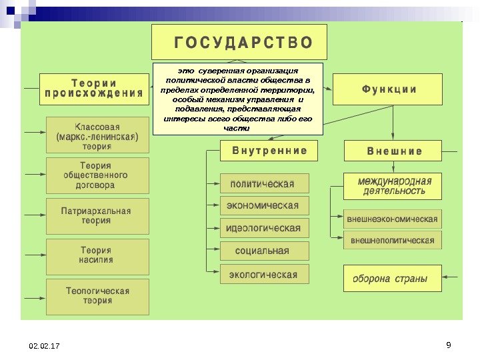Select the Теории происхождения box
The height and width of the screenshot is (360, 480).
click(x=93, y=89)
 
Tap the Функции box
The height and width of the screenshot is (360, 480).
click(x=387, y=89)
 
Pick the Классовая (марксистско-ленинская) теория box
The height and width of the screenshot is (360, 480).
click(x=97, y=137)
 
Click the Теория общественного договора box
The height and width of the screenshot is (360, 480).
click(x=97, y=175)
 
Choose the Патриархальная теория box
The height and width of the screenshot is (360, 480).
click(x=97, y=215)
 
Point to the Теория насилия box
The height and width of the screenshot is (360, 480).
click(x=97, y=255)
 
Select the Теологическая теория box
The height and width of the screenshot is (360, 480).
click(x=97, y=296)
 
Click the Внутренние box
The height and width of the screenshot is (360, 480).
click(x=270, y=151)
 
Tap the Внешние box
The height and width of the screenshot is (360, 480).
click(x=393, y=151)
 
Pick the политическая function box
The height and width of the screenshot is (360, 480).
click(x=265, y=183)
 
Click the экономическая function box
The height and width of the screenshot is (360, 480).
click(x=265, y=205)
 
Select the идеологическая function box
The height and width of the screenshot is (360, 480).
click(x=265, y=228)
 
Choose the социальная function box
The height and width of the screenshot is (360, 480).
click(x=265, y=251)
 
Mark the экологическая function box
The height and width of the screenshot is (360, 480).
click(x=265, y=273)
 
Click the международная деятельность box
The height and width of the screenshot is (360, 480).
click(x=393, y=186)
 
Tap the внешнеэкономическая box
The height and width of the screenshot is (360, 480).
click(x=393, y=219)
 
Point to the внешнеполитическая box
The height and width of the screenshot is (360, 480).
click(x=393, y=240)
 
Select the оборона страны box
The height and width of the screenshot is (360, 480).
click(x=392, y=279)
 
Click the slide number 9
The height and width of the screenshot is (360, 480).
click(x=448, y=345)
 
